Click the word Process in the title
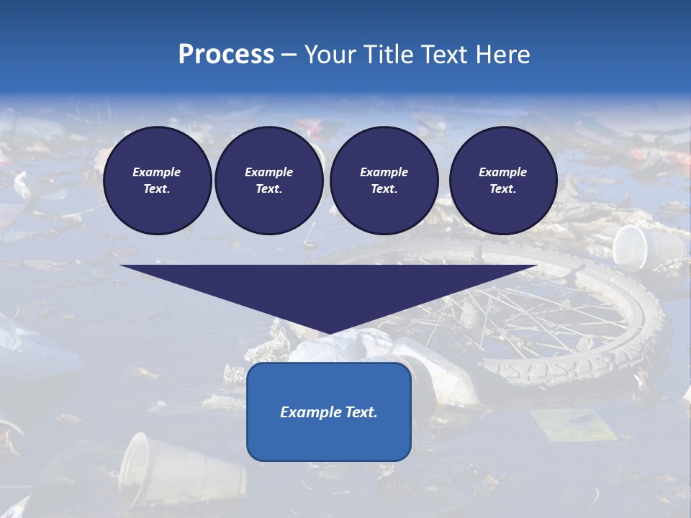[226, 55]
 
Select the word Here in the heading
[502, 55]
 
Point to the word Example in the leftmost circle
[157, 172]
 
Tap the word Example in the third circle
[384, 172]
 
